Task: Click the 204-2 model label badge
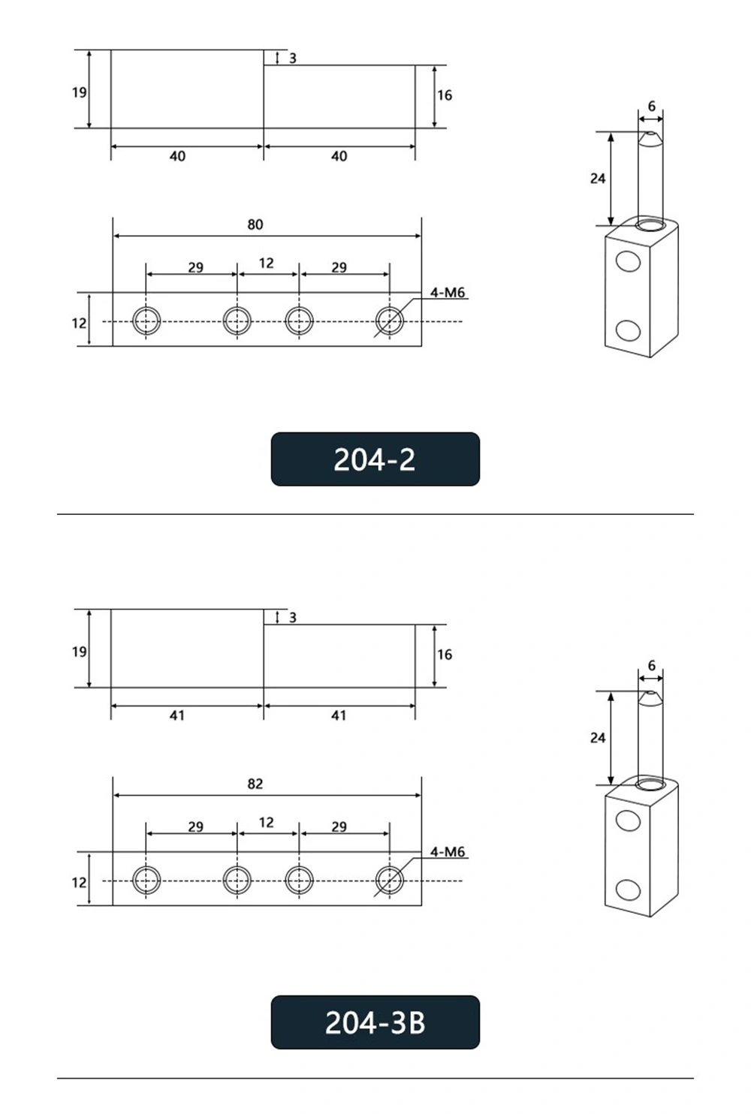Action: tap(375, 459)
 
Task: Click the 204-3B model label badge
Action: tap(375, 1022)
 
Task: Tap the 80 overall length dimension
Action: tap(255, 224)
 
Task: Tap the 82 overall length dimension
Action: tap(255, 784)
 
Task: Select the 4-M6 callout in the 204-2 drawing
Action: tap(448, 292)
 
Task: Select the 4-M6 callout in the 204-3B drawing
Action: tap(448, 851)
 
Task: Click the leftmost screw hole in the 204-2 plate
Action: tap(146, 321)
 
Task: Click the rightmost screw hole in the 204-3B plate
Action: tap(389, 880)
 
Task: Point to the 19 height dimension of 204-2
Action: tap(80, 92)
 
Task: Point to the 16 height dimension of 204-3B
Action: tap(445, 655)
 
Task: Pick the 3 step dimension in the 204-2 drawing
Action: tap(292, 58)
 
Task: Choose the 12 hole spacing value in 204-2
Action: tap(267, 263)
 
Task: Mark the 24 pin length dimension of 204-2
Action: tap(598, 178)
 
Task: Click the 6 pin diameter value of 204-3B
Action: tap(651, 665)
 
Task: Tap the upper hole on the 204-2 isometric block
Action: tap(628, 260)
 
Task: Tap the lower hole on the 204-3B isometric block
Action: tap(628, 890)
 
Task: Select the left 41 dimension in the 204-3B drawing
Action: tap(177, 715)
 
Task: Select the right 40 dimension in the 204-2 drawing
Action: tap(339, 156)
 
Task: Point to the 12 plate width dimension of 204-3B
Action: tap(80, 882)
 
